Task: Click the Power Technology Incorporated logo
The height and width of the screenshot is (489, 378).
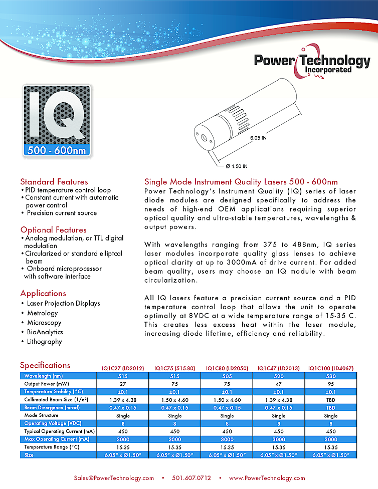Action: click(x=311, y=63)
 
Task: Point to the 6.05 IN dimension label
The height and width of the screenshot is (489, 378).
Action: click(x=258, y=138)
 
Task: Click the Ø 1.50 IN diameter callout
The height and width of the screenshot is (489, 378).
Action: click(x=237, y=166)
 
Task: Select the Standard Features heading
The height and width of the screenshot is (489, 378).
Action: click(x=54, y=181)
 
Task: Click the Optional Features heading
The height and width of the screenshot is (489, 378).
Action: click(x=53, y=229)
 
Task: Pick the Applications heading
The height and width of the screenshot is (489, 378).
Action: click(x=43, y=293)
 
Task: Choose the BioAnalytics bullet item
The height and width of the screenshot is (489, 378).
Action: click(x=45, y=332)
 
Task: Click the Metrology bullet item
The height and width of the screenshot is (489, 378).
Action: click(x=43, y=313)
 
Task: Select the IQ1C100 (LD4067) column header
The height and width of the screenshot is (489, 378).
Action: click(x=330, y=368)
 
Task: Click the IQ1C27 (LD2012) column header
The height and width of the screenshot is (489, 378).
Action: click(x=123, y=368)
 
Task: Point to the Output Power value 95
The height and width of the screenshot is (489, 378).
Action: click(x=330, y=384)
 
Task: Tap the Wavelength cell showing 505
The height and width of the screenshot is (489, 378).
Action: click(x=227, y=376)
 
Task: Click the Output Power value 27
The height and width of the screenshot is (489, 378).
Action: click(x=123, y=384)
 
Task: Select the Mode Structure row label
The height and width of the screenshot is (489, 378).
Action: click(x=38, y=415)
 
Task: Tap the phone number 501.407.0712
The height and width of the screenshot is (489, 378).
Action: click(x=192, y=477)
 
